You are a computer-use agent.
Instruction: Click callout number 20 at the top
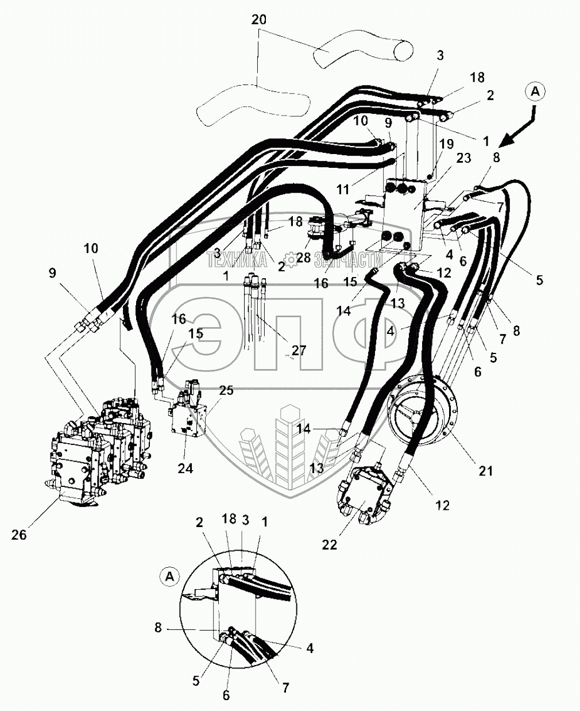click(x=259, y=20)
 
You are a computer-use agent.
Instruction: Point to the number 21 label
click(x=486, y=471)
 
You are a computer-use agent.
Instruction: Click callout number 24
click(x=185, y=468)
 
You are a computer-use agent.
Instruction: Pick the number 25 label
click(x=226, y=390)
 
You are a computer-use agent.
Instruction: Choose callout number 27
click(x=299, y=350)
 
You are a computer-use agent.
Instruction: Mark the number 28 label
click(x=303, y=258)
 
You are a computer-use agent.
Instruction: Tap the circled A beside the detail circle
click(x=169, y=576)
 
